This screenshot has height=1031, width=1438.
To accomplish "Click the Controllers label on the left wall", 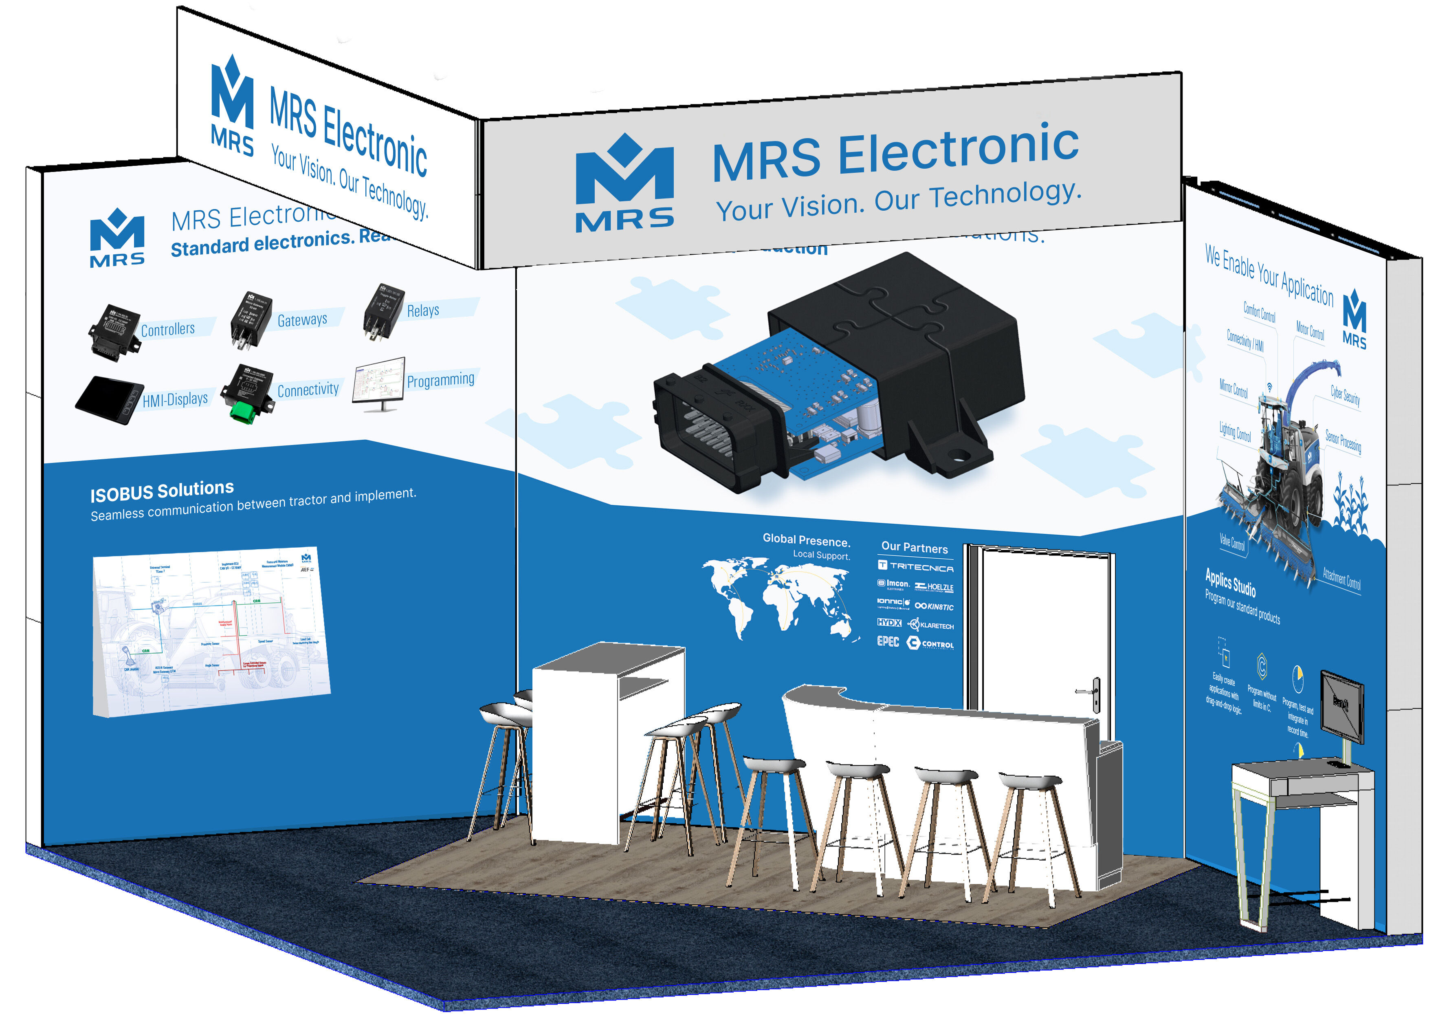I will (x=167, y=329).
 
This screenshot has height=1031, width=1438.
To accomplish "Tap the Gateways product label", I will (x=302, y=319).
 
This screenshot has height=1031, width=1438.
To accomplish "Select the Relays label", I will (x=423, y=310).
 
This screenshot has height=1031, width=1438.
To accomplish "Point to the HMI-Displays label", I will (x=175, y=399).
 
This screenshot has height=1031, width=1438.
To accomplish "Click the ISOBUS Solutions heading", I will (x=162, y=490).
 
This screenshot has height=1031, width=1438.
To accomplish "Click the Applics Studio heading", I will (x=1230, y=582).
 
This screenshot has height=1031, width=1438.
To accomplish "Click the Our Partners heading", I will (x=914, y=548).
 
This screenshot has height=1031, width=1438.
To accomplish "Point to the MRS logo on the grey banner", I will (x=624, y=184).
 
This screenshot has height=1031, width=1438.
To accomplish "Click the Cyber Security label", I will (x=1345, y=396).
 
